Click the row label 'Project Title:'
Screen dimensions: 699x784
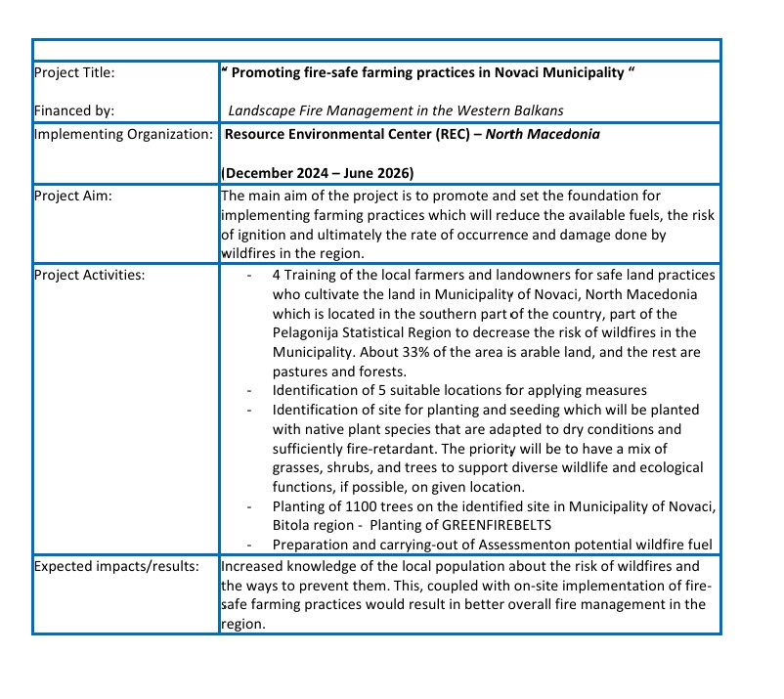tap(73, 73)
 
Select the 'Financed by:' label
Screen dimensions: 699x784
tap(69, 110)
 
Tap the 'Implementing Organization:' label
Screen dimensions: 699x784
tap(123, 134)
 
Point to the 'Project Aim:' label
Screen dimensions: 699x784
tap(72, 196)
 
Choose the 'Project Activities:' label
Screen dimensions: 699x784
tap(89, 275)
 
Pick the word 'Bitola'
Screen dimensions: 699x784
tap(293, 525)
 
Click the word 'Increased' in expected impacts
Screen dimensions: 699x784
tap(252, 566)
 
